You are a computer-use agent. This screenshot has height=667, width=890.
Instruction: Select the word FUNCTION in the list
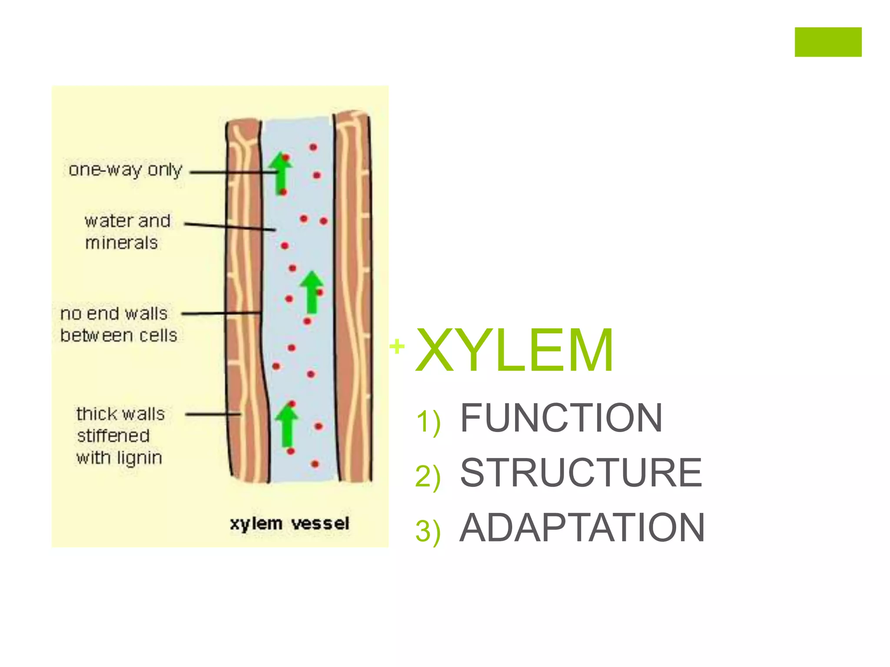561,418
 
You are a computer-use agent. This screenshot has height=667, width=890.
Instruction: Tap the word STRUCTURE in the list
581,472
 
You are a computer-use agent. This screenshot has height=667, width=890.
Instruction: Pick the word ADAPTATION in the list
582,528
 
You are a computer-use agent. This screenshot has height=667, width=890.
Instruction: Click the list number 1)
428,421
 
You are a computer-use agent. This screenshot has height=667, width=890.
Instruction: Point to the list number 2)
428,476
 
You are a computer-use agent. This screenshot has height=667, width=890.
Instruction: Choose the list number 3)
428,531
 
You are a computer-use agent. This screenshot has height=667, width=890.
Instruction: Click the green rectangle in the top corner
828,42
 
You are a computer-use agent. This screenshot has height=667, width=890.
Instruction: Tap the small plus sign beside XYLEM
397,347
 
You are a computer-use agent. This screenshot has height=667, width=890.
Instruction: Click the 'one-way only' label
125,170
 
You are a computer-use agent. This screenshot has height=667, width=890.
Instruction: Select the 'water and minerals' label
126,231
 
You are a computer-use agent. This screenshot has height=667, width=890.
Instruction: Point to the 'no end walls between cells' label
118,324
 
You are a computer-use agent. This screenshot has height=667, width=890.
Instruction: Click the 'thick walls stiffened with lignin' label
120,436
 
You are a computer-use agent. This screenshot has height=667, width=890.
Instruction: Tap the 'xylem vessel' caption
289,523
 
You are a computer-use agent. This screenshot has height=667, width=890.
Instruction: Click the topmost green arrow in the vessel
281,173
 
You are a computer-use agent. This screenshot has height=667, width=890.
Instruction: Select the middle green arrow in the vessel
312,292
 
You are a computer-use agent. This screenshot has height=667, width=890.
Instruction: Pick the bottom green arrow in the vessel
286,425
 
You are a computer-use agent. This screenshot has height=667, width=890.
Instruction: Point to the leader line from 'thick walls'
213,414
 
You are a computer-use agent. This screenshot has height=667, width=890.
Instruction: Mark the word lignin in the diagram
140,458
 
